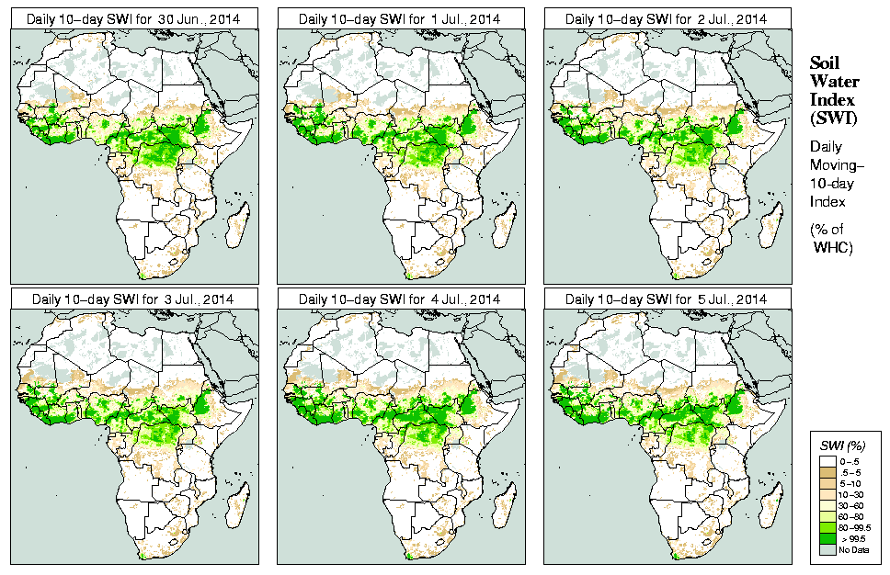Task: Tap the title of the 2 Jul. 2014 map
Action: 666,18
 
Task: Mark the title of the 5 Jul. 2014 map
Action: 666,299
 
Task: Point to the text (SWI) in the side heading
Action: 833,117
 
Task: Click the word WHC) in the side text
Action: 834,249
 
